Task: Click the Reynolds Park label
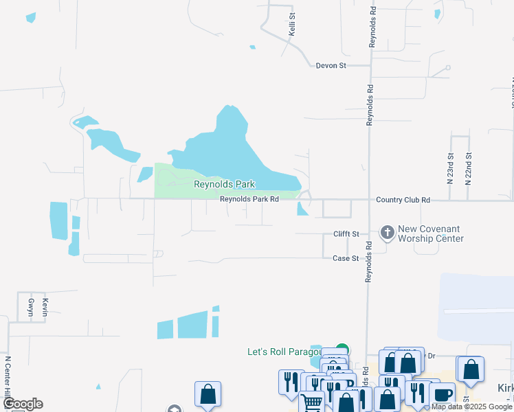click(x=224, y=184)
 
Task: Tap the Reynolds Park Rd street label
click(x=249, y=200)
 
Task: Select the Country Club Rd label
click(x=403, y=200)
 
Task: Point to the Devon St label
click(x=331, y=66)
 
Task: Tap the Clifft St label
click(x=346, y=234)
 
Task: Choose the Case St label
click(x=346, y=258)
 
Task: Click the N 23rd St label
click(x=451, y=169)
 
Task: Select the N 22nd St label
click(x=469, y=169)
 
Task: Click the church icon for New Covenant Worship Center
click(x=387, y=233)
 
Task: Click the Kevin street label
click(x=45, y=306)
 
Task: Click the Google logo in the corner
click(x=22, y=404)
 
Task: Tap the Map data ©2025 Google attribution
click(x=471, y=407)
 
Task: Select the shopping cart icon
click(x=312, y=402)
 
